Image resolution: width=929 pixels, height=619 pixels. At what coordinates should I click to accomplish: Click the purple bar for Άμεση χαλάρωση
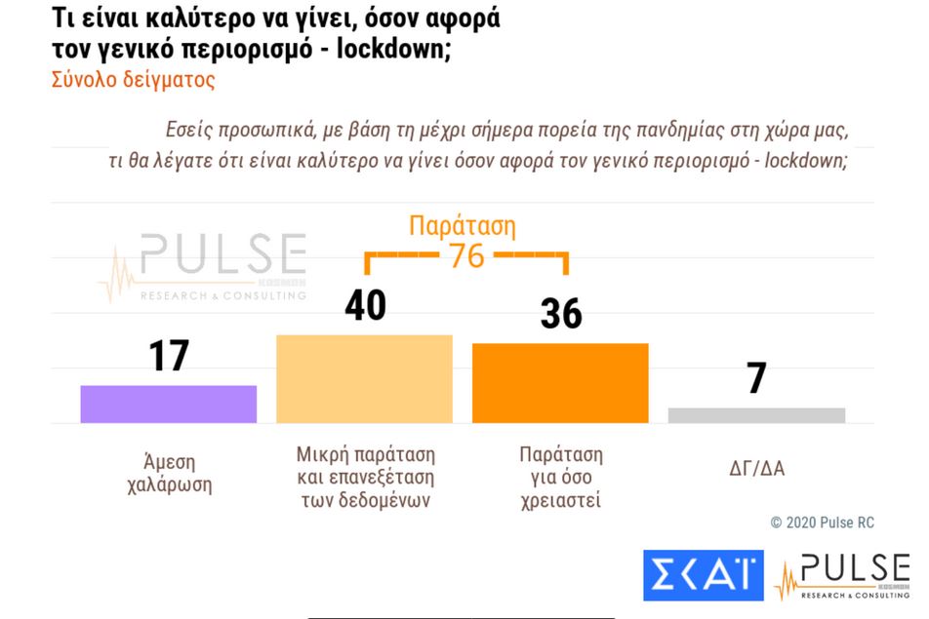(x=168, y=404)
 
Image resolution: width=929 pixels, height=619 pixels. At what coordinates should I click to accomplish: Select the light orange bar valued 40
(x=365, y=378)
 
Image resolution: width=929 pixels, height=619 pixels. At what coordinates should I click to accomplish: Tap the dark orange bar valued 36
(x=560, y=383)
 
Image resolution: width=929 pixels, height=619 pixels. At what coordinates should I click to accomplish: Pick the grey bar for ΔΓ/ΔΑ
(x=756, y=415)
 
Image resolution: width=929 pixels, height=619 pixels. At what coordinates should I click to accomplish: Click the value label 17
(x=168, y=356)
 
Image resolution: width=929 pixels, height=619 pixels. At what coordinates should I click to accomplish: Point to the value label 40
(x=365, y=305)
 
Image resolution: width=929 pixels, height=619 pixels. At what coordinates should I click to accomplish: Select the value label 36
(x=560, y=314)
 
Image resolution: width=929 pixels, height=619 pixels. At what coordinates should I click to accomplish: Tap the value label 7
(x=756, y=378)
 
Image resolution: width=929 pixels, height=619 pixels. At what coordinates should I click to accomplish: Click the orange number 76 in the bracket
(x=466, y=255)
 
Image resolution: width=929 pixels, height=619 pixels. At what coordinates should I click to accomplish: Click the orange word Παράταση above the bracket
(x=462, y=227)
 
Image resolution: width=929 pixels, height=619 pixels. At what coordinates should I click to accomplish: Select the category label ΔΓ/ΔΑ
(x=756, y=469)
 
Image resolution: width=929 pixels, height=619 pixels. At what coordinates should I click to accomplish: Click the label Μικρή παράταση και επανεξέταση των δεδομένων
(x=365, y=478)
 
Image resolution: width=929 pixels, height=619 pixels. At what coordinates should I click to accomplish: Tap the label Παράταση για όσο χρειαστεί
(x=560, y=478)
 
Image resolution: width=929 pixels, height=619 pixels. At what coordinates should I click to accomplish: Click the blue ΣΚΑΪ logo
(x=703, y=575)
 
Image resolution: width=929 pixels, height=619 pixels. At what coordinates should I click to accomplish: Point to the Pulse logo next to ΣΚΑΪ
(x=843, y=575)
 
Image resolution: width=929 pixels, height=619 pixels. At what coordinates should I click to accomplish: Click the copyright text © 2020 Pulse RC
(x=822, y=522)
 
